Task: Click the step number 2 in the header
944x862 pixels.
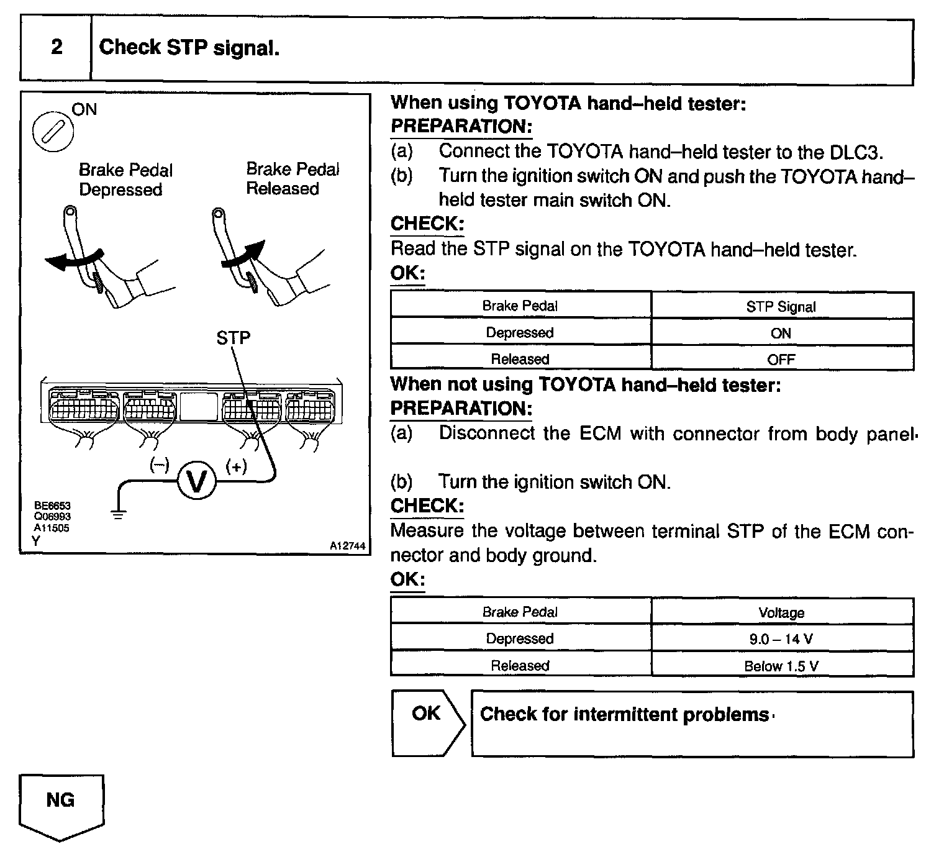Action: pyautogui.click(x=57, y=47)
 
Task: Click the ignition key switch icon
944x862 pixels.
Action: pyautogui.click(x=52, y=132)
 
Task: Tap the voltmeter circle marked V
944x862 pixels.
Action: pyautogui.click(x=196, y=482)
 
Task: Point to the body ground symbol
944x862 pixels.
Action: pyautogui.click(x=118, y=513)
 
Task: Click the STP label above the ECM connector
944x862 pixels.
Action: pyautogui.click(x=234, y=338)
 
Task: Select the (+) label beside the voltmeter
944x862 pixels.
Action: pyautogui.click(x=236, y=466)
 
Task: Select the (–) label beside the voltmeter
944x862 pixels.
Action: pyautogui.click(x=160, y=465)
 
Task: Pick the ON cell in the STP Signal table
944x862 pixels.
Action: pyautogui.click(x=781, y=333)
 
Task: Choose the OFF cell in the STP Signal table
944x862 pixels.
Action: pyautogui.click(x=781, y=360)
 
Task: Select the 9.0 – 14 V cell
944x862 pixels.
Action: pyautogui.click(x=781, y=639)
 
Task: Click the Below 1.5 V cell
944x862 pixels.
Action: pyautogui.click(x=781, y=666)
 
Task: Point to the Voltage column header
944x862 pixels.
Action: pyautogui.click(x=781, y=613)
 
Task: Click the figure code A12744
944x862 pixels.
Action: pyautogui.click(x=347, y=546)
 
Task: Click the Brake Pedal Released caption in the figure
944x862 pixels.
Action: pyautogui.click(x=293, y=179)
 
